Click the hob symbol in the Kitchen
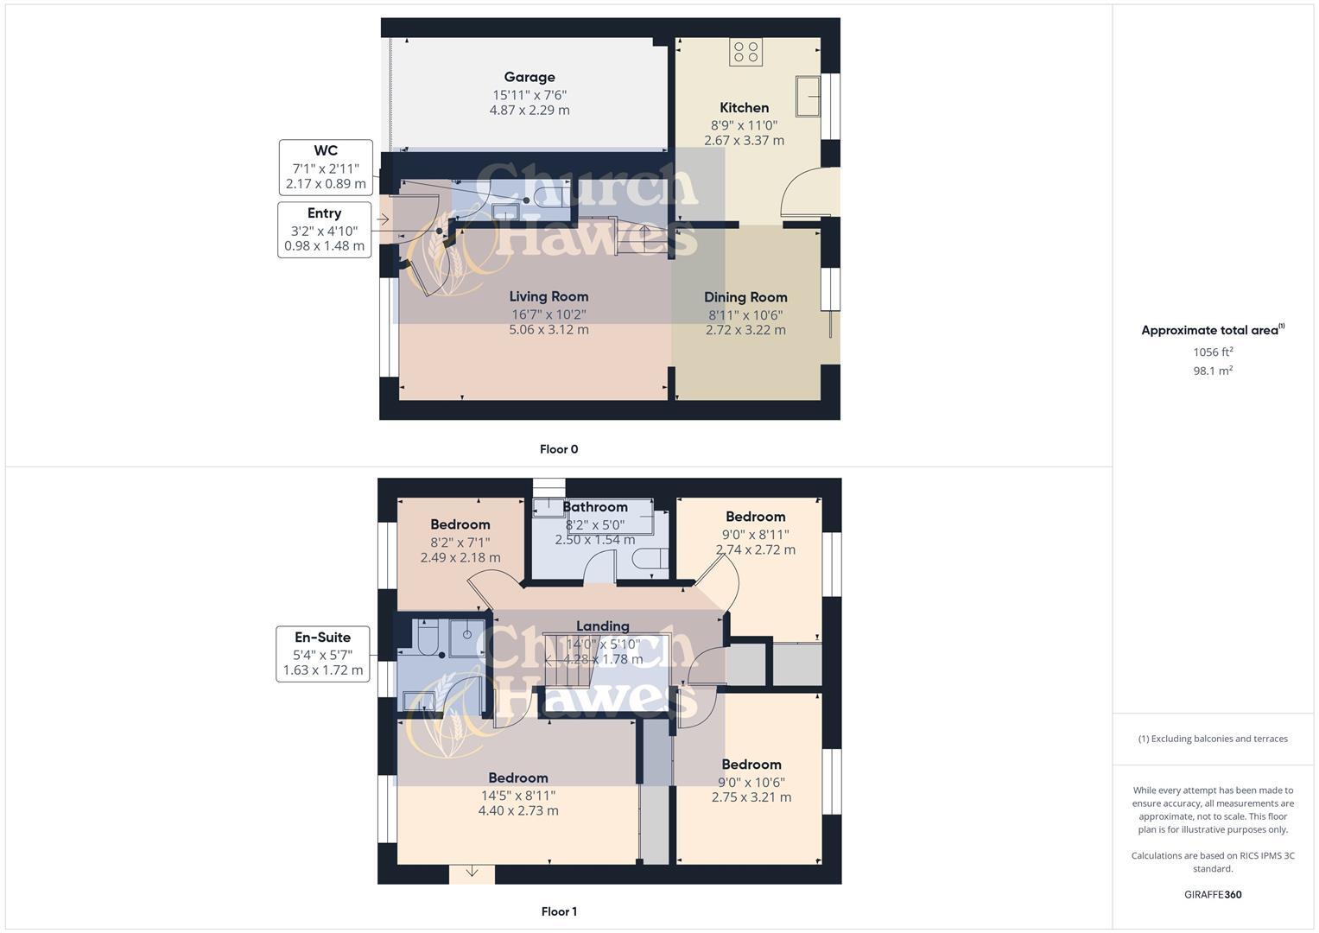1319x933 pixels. click(x=745, y=52)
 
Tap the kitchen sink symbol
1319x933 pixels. click(x=809, y=95)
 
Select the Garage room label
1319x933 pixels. click(x=530, y=77)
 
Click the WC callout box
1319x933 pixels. click(x=326, y=168)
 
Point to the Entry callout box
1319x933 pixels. click(x=324, y=230)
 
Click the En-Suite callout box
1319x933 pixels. click(x=323, y=654)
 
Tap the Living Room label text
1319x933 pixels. click(x=549, y=296)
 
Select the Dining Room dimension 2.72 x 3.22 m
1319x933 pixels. click(x=745, y=330)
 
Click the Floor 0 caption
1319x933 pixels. click(x=559, y=449)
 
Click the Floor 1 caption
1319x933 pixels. click(x=559, y=911)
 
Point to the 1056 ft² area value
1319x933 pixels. click(x=1213, y=352)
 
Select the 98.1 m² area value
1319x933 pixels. click(x=1213, y=371)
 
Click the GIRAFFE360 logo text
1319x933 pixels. click(x=1213, y=894)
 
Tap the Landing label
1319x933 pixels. click(x=602, y=626)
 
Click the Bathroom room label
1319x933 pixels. click(x=594, y=507)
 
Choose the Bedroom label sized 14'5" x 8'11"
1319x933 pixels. click(x=518, y=777)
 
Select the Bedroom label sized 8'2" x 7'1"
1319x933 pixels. click(x=460, y=524)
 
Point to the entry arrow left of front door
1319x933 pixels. click(x=383, y=219)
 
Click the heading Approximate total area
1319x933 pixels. click(x=1211, y=330)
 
